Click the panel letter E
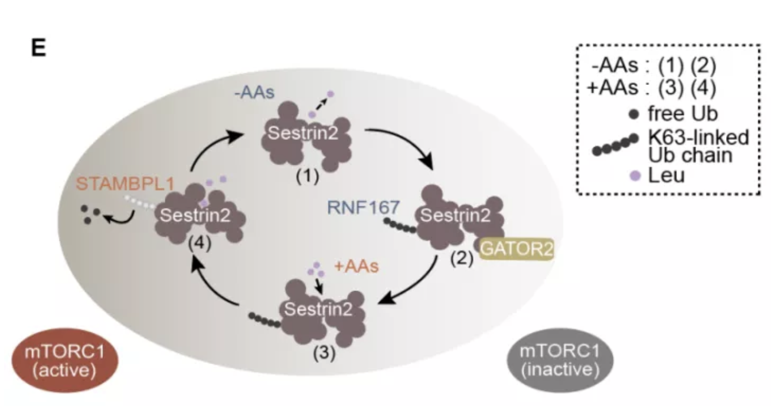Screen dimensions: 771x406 38,47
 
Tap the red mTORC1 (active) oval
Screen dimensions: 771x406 65,360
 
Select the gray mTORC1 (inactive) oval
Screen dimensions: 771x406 560,360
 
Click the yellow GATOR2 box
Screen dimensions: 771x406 517,249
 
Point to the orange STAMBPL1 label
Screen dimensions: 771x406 125,184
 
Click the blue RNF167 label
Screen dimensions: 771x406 363,207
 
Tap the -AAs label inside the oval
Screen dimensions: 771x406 254,92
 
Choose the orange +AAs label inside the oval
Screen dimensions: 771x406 357,266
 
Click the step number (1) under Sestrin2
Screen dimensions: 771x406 308,176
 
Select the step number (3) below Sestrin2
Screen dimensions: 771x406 324,353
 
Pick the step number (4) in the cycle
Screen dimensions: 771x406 200,243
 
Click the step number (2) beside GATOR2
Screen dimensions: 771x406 462,258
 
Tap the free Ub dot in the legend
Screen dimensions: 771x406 633,114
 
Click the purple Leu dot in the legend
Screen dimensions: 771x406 635,176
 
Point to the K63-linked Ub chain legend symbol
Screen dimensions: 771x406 615,145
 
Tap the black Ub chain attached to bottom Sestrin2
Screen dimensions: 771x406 264,320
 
